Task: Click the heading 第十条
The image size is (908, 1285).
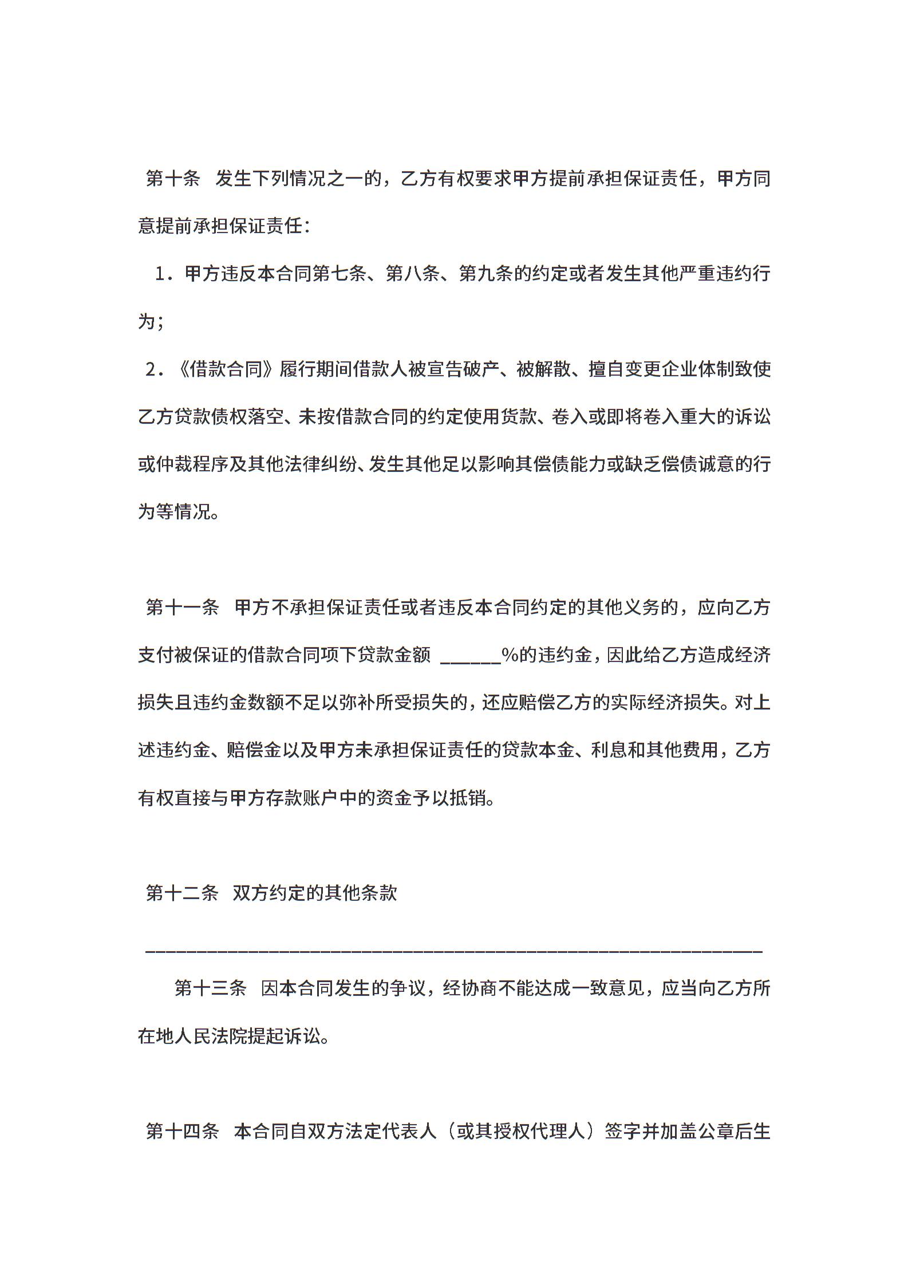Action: [x=173, y=179]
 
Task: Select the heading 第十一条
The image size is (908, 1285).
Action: [x=182, y=608]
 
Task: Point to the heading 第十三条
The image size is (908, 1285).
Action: [x=210, y=988]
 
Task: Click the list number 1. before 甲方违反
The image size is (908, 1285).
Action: [x=164, y=274]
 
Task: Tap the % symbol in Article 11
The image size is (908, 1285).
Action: [x=510, y=655]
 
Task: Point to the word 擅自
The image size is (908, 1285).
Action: [x=606, y=369]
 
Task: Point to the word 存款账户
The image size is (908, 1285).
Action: [x=301, y=798]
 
